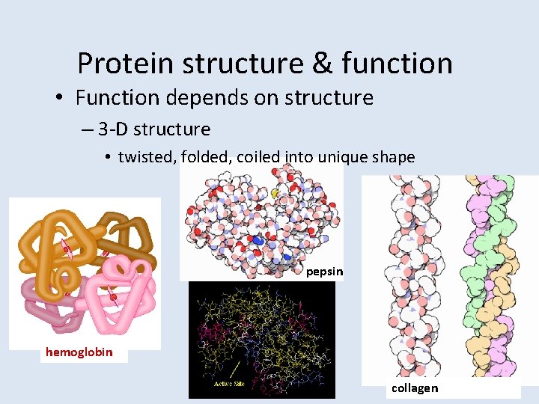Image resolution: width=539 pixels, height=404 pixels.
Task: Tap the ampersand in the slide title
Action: tap(322, 64)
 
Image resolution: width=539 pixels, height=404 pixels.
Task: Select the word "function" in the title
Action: tap(397, 64)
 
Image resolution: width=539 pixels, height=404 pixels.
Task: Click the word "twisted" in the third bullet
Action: tap(145, 157)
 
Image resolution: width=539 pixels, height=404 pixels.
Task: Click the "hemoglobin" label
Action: tap(79, 352)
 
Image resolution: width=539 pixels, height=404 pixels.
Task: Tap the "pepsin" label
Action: tap(324, 272)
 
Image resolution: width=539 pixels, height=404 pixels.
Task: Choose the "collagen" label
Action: tap(414, 388)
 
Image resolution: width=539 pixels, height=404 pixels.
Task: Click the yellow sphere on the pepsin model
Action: tap(275, 193)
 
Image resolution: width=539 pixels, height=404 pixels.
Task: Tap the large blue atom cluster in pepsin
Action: tap(258, 241)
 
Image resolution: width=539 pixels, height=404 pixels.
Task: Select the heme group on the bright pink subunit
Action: tap(112, 297)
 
